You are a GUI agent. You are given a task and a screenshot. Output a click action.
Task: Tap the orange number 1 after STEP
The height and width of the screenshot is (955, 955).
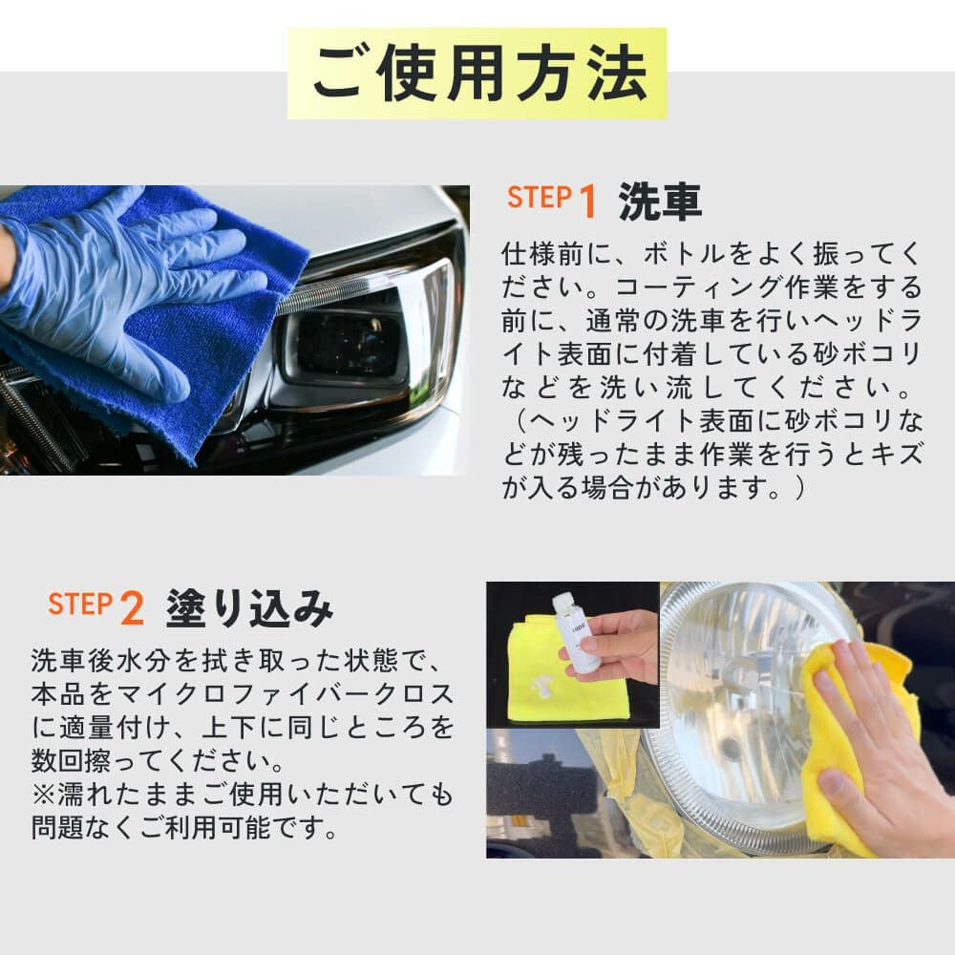587,201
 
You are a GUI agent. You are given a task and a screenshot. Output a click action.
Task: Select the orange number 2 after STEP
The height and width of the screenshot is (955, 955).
132,607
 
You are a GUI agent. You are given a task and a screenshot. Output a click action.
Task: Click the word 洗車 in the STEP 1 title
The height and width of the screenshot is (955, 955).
660,201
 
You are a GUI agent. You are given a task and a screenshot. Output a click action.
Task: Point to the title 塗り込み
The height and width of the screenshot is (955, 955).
249,607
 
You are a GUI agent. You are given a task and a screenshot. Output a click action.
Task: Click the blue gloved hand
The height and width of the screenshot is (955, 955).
122,286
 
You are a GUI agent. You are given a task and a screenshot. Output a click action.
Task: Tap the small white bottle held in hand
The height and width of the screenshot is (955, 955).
576,633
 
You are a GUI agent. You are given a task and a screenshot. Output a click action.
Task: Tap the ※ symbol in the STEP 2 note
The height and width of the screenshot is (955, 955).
43,794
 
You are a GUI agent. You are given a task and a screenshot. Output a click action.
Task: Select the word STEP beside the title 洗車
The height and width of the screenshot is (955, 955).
540,198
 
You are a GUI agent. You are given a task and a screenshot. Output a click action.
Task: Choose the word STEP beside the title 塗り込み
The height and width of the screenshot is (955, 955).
81,604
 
